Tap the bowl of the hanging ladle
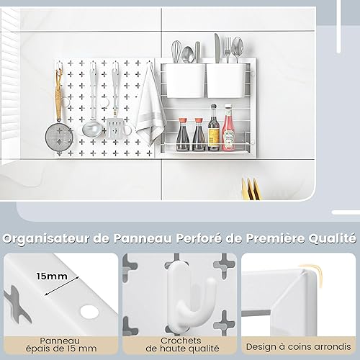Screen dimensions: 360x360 (x=92, y=130)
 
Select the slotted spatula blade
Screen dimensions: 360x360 (x=115, y=128)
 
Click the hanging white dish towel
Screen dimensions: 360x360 (x=150, y=107)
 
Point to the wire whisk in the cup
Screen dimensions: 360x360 (x=176, y=52)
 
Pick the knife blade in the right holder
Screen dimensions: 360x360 (x=217, y=48)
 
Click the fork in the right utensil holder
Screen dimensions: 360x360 (x=228, y=50)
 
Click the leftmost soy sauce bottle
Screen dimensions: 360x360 (x=183, y=135)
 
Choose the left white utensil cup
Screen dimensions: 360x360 (x=184, y=81)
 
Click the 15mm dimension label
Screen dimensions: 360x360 (x=52, y=276)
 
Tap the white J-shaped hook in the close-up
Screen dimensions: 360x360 (x=189, y=294)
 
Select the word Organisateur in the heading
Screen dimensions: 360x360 (x=46, y=239)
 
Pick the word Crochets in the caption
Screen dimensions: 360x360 (x=181, y=341)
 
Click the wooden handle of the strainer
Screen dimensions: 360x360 (x=58, y=96)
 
